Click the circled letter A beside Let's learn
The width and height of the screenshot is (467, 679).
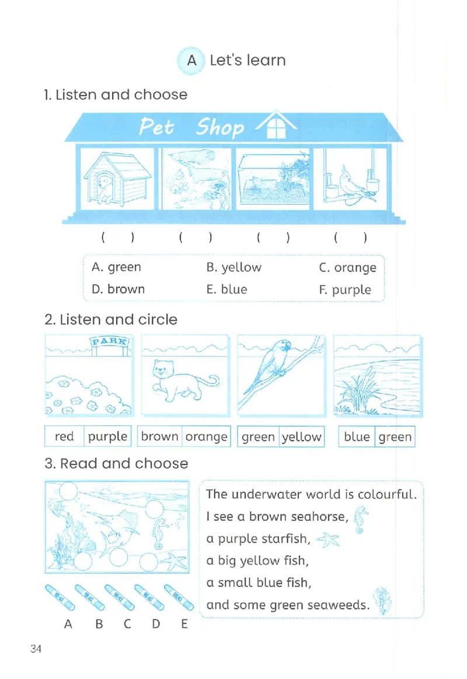[191, 61]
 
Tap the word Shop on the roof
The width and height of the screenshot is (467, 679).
[219, 127]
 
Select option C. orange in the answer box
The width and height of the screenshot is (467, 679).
[347, 268]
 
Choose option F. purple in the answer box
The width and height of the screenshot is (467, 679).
[345, 290]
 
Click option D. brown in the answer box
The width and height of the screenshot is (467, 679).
[119, 289]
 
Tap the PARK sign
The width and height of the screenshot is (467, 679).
[110, 341]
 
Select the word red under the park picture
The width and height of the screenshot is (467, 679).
[64, 436]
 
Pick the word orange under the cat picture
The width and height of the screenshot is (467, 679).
[206, 437]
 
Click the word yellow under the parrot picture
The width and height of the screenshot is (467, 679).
[302, 437]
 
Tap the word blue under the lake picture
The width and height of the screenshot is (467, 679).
[357, 436]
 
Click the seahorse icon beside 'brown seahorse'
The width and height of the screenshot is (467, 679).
[360, 520]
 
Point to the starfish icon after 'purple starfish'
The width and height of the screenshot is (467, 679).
[328, 540]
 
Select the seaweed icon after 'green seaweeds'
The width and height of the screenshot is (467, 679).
[382, 601]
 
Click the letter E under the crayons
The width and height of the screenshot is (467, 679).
[184, 624]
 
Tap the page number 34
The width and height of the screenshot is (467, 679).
[36, 648]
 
